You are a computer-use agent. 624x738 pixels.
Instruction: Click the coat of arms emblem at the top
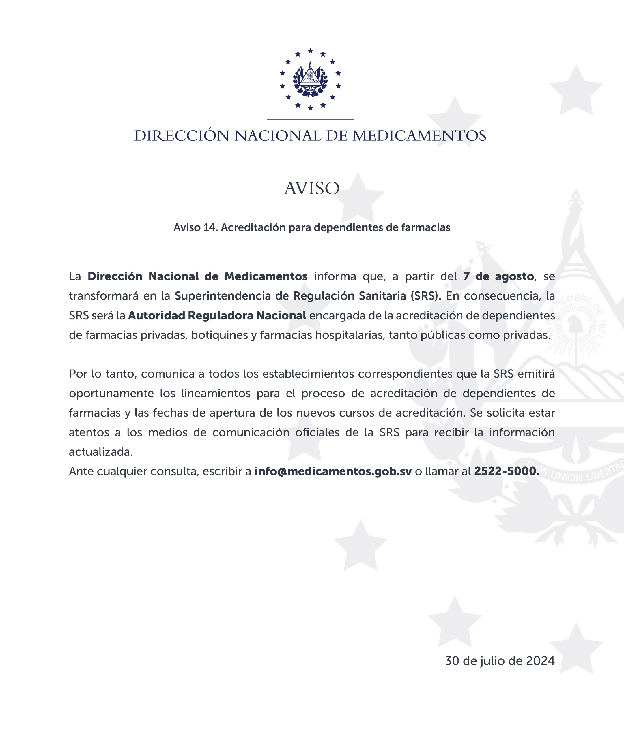(x=310, y=80)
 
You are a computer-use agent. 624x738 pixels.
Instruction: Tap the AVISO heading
(x=312, y=188)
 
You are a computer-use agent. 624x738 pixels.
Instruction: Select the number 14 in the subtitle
(x=210, y=227)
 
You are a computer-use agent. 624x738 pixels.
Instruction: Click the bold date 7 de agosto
(x=498, y=276)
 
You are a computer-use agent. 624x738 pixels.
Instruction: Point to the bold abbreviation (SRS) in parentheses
(x=425, y=296)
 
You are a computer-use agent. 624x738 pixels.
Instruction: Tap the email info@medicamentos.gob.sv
(x=333, y=471)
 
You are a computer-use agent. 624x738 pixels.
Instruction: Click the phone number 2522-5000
(x=506, y=471)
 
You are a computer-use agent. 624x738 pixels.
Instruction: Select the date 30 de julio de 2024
(x=500, y=661)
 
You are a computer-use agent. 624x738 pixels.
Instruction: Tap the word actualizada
(x=100, y=452)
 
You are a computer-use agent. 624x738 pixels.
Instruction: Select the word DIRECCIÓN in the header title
(x=182, y=136)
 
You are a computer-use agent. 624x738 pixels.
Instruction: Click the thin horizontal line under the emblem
(x=310, y=119)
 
